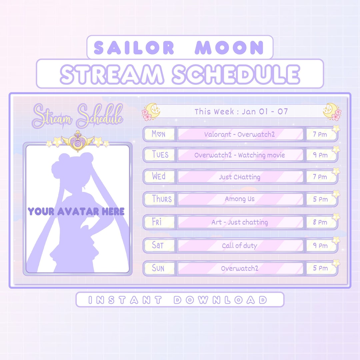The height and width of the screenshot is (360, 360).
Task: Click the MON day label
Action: pos(159,134)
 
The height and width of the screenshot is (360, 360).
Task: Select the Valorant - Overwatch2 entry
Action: pos(240,134)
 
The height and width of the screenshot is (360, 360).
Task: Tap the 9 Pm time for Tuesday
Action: pos(320,155)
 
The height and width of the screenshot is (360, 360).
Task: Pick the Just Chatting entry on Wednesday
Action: pos(240,177)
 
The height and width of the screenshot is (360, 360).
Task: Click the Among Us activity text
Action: pos(240,199)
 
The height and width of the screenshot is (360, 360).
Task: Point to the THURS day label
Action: pos(162,199)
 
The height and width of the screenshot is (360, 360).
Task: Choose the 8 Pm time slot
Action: pos(320,222)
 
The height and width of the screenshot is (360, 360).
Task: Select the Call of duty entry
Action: pos(240,246)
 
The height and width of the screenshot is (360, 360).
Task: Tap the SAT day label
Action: pos(158,245)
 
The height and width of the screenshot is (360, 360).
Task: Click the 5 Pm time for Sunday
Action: pos(320,268)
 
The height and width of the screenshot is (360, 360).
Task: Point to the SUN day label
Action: pos(158,268)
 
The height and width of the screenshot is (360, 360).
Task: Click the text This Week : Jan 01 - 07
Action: pos(241,111)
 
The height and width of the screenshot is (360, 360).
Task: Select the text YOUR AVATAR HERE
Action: pos(76,211)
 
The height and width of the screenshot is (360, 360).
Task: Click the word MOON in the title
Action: pos(229,48)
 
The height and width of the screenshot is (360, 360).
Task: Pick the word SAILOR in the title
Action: pos(134,48)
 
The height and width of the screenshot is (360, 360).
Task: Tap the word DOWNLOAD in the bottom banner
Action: pos(220,300)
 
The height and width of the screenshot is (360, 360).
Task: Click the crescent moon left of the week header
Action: pos(152,110)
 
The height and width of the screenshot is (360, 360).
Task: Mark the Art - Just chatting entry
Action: pos(240,222)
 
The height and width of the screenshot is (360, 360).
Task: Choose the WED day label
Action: pos(159,176)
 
